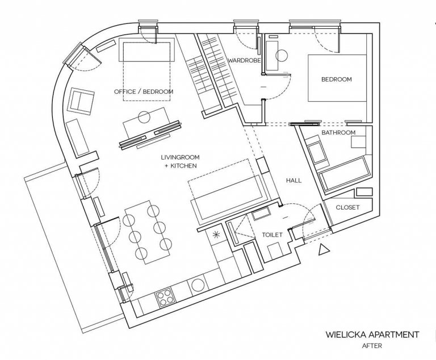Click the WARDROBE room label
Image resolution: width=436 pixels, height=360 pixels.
[x=245, y=60]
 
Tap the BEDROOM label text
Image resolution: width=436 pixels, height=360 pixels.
[x=337, y=79]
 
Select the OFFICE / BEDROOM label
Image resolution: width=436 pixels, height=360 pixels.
[x=144, y=91]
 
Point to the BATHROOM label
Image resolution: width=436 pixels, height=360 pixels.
[x=338, y=132]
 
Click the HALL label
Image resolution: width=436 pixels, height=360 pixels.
[x=294, y=181]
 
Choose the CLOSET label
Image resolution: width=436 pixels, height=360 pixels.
[x=347, y=207]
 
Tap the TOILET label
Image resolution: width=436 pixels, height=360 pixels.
[x=272, y=235]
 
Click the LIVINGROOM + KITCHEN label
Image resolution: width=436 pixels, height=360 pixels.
[x=180, y=161]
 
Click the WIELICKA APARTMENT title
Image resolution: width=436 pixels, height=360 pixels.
[x=372, y=334]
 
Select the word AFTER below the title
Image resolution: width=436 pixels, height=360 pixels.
[x=372, y=346]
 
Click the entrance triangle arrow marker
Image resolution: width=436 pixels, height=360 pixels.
[x=323, y=249]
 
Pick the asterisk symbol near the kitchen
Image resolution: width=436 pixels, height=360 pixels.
[x=216, y=235]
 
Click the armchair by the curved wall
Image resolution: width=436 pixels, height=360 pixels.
[x=81, y=101]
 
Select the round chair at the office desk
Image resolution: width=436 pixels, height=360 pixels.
[x=144, y=117]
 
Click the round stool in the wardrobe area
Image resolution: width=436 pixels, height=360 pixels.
[x=282, y=56]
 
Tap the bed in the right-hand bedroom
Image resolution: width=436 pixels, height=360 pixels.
[x=337, y=78]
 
